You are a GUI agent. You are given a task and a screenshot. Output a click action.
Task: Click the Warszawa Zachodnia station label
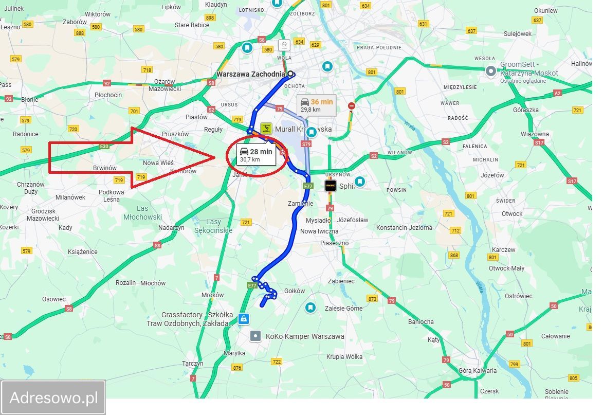tap(250, 74)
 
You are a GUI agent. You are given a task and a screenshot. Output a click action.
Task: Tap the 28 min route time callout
tap(256, 155)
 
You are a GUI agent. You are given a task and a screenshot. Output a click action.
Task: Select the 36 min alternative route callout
tap(317, 105)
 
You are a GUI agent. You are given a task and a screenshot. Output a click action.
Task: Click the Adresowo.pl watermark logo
tap(53, 398)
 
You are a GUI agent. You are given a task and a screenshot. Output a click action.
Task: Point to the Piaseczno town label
tap(334, 243)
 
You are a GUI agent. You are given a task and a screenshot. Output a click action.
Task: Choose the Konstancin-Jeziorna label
tap(404, 228)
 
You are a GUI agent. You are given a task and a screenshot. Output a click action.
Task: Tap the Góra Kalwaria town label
tap(478, 371)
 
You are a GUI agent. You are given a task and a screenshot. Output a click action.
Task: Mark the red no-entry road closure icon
tap(352, 106)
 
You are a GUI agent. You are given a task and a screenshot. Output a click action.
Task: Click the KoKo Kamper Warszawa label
tap(305, 336)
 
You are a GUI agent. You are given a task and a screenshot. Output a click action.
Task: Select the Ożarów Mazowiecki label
tap(165, 85)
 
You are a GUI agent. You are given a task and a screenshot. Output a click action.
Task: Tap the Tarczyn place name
tap(193, 364)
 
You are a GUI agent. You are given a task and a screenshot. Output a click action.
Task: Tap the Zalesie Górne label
tap(343, 309)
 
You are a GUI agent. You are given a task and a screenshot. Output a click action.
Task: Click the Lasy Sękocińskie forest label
tap(213, 226)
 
